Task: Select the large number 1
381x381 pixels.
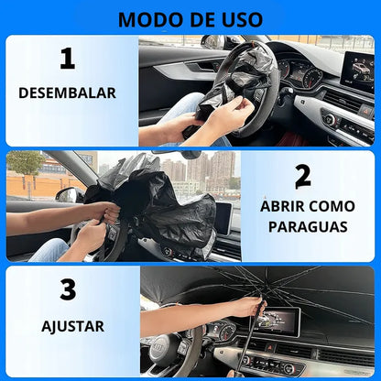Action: tap(66, 60)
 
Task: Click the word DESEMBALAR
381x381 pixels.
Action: tap(67, 93)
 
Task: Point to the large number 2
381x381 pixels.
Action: tap(302, 177)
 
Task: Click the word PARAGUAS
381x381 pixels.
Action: tap(307, 225)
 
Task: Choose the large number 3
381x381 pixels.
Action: tap(67, 290)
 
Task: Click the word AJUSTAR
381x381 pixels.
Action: tap(72, 325)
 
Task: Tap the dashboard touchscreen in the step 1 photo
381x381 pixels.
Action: tap(357, 71)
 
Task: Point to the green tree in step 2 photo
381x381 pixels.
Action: tap(25, 166)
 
